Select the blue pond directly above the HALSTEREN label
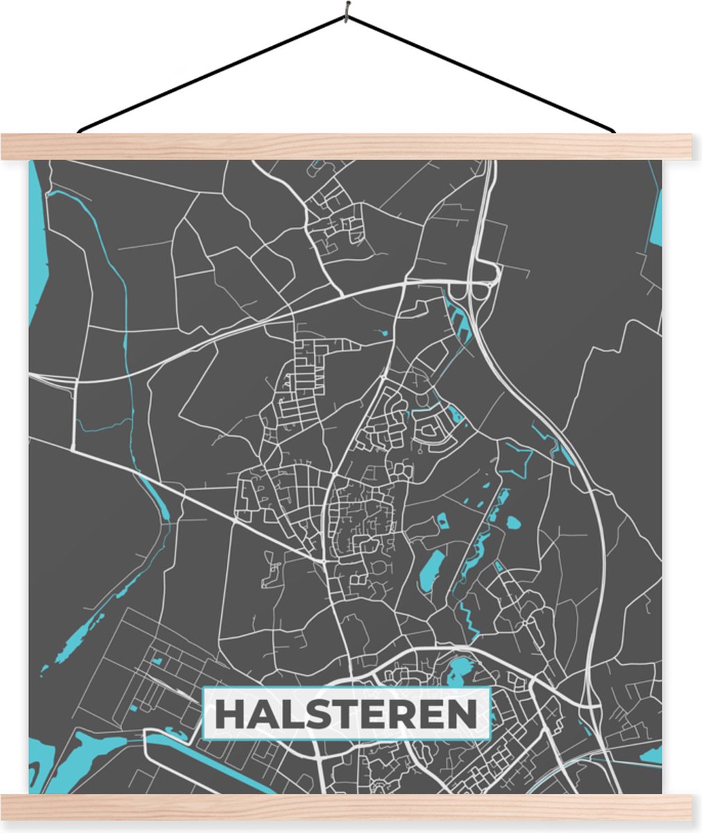459,671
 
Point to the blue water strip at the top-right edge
656,215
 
